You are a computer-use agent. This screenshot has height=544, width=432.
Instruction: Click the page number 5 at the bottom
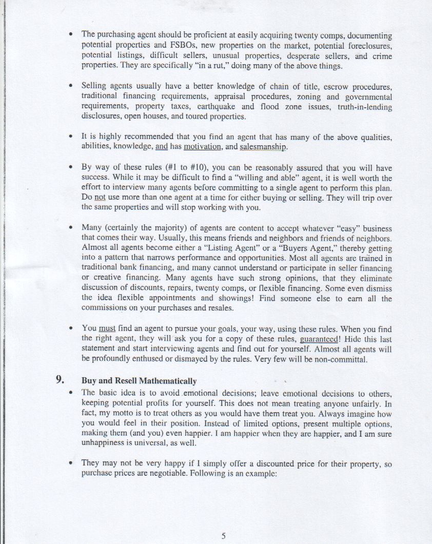(x=224, y=536)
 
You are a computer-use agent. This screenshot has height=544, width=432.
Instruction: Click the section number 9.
(x=60, y=380)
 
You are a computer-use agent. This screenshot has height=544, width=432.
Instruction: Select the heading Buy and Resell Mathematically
(x=139, y=381)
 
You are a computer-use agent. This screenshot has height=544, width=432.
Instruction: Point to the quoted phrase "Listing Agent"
(x=232, y=247)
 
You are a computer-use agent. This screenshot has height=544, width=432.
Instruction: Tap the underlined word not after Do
(x=100, y=197)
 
